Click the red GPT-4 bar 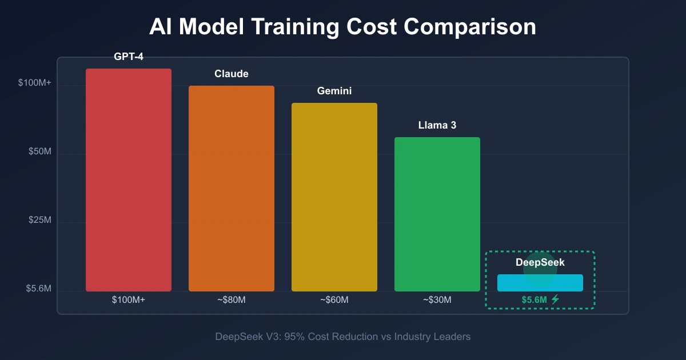tap(129, 180)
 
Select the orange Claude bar tap(232, 189)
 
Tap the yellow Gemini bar tap(334, 197)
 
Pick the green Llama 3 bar tap(437, 214)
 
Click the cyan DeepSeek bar tap(540, 283)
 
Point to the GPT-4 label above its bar tap(129, 57)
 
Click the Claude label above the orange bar tap(232, 74)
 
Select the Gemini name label tap(334, 91)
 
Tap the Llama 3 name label tap(437, 125)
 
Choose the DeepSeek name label tap(540, 262)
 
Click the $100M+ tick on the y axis tap(35, 83)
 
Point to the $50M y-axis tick tap(40, 152)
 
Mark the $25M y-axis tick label tap(40, 221)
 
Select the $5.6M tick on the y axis tap(38, 289)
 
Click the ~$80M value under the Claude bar tap(232, 300)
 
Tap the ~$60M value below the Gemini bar tap(334, 300)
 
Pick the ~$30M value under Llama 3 tap(437, 300)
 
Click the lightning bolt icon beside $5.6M tap(555, 299)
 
